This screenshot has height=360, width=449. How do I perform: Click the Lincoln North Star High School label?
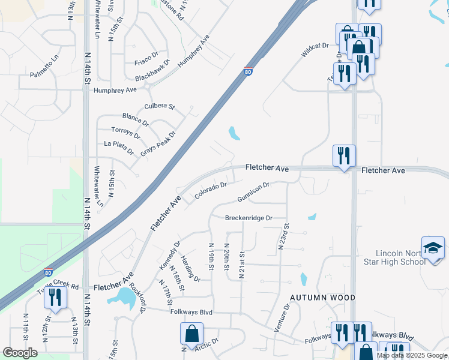[400, 257]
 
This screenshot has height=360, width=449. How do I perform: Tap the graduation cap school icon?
[433, 248]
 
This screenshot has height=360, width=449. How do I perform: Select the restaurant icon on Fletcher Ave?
[344, 156]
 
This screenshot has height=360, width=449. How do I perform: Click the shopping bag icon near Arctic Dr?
[191, 334]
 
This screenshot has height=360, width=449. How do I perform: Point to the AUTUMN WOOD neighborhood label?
[323, 298]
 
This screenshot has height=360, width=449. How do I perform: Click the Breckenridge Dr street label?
[249, 218]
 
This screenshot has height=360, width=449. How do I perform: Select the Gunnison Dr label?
[253, 193]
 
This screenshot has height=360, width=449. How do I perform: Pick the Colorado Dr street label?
[210, 191]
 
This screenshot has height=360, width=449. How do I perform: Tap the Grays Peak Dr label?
[158, 144]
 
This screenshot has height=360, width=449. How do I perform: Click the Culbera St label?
[159, 107]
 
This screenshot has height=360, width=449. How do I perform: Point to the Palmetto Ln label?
[45, 75]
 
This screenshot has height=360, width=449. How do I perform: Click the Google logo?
[20, 352]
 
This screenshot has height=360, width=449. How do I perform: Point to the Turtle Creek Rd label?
[58, 286]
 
